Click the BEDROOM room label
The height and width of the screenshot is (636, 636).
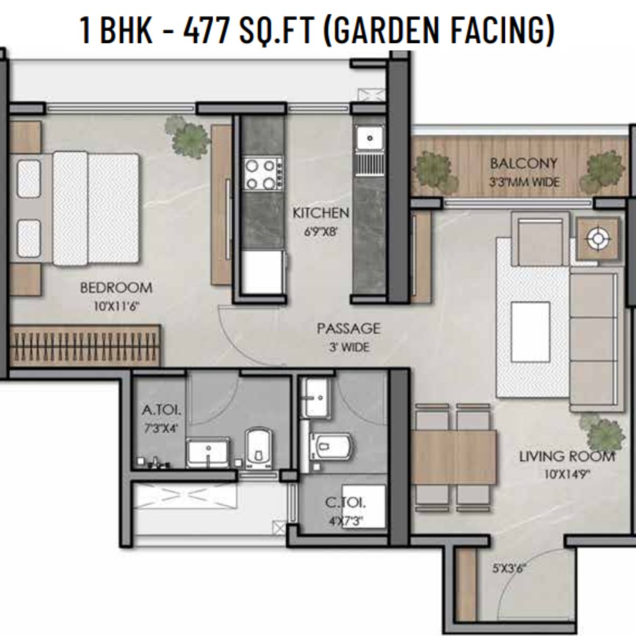[x=116, y=288]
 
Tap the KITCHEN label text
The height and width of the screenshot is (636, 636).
[x=321, y=213]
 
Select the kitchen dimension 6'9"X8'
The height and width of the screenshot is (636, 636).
[x=321, y=232]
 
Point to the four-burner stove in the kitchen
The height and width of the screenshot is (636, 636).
[x=263, y=174]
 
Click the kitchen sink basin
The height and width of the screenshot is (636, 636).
[x=369, y=138]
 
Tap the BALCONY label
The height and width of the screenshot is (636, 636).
[x=524, y=164]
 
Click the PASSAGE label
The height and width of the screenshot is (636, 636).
[x=349, y=329]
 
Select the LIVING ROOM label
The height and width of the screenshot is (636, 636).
[x=567, y=457]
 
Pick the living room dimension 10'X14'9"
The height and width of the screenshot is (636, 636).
[x=567, y=474]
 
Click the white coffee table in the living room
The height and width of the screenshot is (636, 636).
[x=531, y=332]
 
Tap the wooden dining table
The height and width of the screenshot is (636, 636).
[x=454, y=457]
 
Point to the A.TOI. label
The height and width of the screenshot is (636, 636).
[x=162, y=410]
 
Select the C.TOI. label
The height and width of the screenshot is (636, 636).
[x=346, y=503]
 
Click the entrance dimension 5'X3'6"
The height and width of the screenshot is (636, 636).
[x=509, y=569]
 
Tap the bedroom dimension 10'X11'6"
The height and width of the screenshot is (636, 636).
[x=116, y=307]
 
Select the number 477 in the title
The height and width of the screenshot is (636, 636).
[x=207, y=30]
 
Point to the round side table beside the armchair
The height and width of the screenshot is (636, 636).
[x=597, y=238]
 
